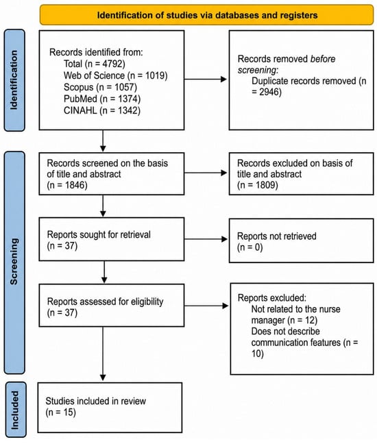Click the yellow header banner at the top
click(x=206, y=14)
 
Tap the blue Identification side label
click(x=14, y=80)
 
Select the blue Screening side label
click(x=14, y=262)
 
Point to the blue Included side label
click(x=15, y=410)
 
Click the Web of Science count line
click(x=116, y=75)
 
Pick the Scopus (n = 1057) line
click(x=100, y=87)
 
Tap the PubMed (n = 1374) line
click(x=102, y=99)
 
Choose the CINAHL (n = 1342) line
click(x=102, y=110)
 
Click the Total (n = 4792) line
click(x=95, y=64)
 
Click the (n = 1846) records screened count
click(x=67, y=185)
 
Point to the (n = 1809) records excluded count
click(x=258, y=185)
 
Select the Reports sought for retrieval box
click(x=112, y=239)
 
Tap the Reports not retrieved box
click(x=302, y=241)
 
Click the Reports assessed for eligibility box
click(x=112, y=306)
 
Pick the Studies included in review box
click(x=110, y=408)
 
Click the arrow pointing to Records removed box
click(x=206, y=79)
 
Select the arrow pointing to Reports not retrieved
click(x=206, y=239)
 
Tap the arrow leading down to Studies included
click(x=103, y=354)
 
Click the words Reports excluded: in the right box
click(x=272, y=298)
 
